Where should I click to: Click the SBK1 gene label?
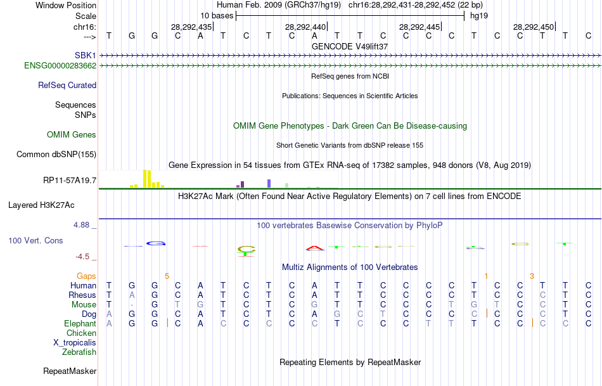(x=85, y=56)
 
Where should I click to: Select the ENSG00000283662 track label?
(x=60, y=65)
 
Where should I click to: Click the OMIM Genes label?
(x=72, y=134)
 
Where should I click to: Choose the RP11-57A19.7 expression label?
(x=70, y=181)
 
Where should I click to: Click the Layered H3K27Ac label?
(x=41, y=205)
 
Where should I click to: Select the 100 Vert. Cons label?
(x=36, y=241)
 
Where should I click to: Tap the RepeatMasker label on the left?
(x=70, y=371)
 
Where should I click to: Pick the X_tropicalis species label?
(x=75, y=342)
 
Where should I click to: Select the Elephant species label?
(x=80, y=323)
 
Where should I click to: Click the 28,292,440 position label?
(x=305, y=27)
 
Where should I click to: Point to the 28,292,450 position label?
(x=534, y=27)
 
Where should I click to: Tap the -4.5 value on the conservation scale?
(x=87, y=257)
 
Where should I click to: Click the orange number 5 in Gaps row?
(x=167, y=276)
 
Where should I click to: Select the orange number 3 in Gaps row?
(x=532, y=276)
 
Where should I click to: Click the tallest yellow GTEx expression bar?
(x=145, y=178)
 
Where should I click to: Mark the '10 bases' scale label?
(x=216, y=15)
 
